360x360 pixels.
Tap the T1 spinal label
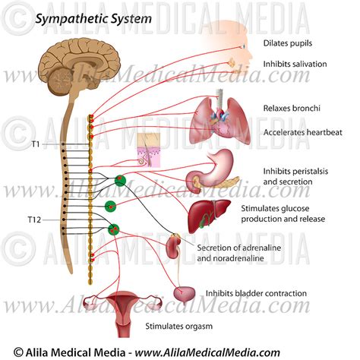click(x=36, y=144)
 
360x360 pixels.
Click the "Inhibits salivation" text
click(x=295, y=64)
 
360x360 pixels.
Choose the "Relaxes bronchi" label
click(x=289, y=108)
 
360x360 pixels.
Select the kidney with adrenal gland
click(x=174, y=248)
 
